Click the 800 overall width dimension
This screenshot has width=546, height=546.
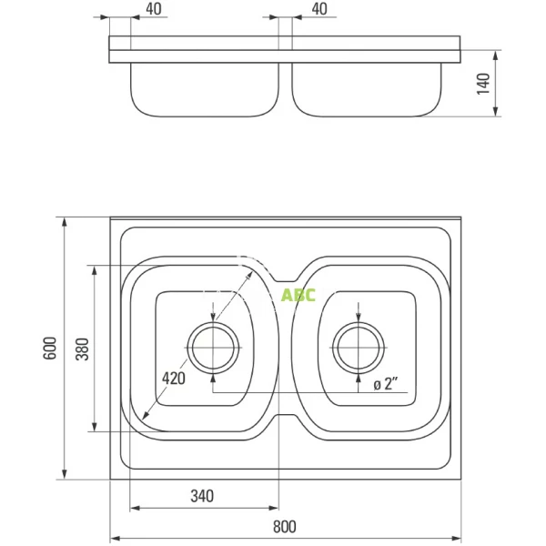pyautogui.click(x=285, y=527)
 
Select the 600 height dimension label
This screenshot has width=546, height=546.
pyautogui.click(x=50, y=348)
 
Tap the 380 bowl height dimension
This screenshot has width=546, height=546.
pyautogui.click(x=83, y=349)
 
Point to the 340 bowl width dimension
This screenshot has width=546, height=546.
pyautogui.click(x=202, y=496)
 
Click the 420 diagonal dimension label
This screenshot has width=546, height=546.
pyautogui.click(x=174, y=379)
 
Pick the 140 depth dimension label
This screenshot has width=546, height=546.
pyautogui.click(x=483, y=84)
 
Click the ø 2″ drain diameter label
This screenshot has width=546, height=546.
pyautogui.click(x=386, y=384)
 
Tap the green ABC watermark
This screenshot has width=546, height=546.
pyautogui.click(x=298, y=295)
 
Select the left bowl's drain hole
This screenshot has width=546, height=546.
pyautogui.click(x=213, y=348)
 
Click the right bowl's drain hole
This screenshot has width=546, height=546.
pyautogui.click(x=359, y=348)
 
